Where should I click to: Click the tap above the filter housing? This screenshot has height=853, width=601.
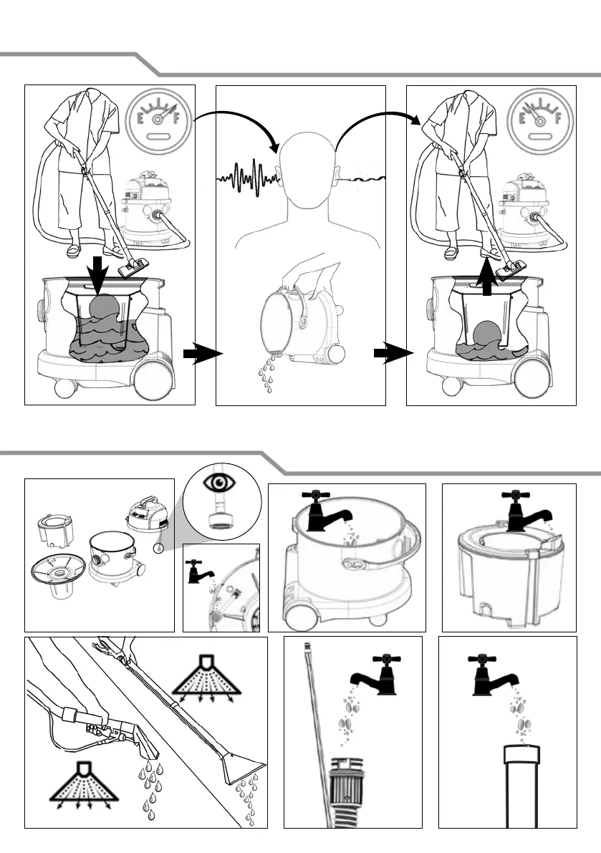tap(526, 511)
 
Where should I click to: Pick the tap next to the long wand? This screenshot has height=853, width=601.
tap(376, 675)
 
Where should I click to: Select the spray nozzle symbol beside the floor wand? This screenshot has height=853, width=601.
tap(207, 679)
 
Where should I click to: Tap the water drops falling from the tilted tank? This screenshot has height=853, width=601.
tap(266, 373)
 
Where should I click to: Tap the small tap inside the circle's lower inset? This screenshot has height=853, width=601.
tap(200, 572)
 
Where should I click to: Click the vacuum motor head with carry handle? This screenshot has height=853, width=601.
tap(147, 512)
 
